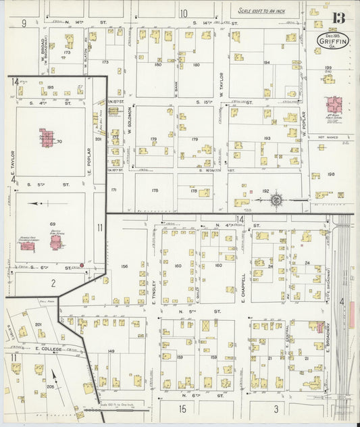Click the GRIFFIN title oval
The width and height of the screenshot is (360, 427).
pos(328,40)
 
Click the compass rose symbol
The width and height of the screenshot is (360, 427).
pos(276,200)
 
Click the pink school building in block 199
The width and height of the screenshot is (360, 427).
pos(334,105)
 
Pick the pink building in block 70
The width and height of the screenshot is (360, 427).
pos(46,139)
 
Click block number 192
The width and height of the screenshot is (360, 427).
pos(265,191)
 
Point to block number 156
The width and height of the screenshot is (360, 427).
pos(124,266)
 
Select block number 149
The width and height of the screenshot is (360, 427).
pos(111,351)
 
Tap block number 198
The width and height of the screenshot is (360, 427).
pos(331,174)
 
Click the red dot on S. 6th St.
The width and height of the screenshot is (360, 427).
pos(82,265)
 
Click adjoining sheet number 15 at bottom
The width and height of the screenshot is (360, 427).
pos(182,408)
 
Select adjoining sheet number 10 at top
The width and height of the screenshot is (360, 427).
pos(183,13)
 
